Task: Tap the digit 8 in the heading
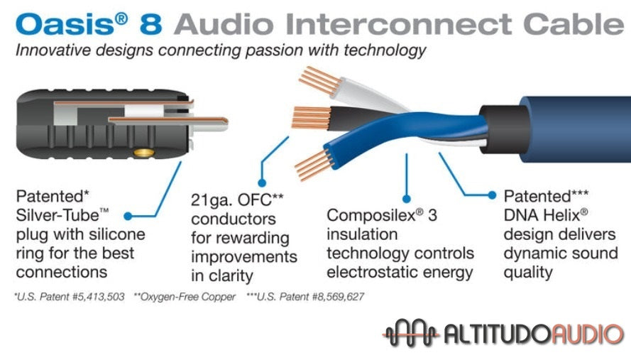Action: coord(151,24)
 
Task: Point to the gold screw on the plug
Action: coord(143,152)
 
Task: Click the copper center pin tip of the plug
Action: coord(224,120)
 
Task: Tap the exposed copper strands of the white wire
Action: coord(318,80)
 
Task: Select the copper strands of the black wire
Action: coord(311,117)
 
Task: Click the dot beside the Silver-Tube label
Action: coord(128,217)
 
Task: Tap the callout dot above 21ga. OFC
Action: coord(262,183)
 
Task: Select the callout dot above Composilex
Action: coord(407,199)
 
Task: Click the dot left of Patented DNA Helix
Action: coord(492,195)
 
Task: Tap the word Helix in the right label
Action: coord(562,215)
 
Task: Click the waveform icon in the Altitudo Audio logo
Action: coord(410,333)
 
